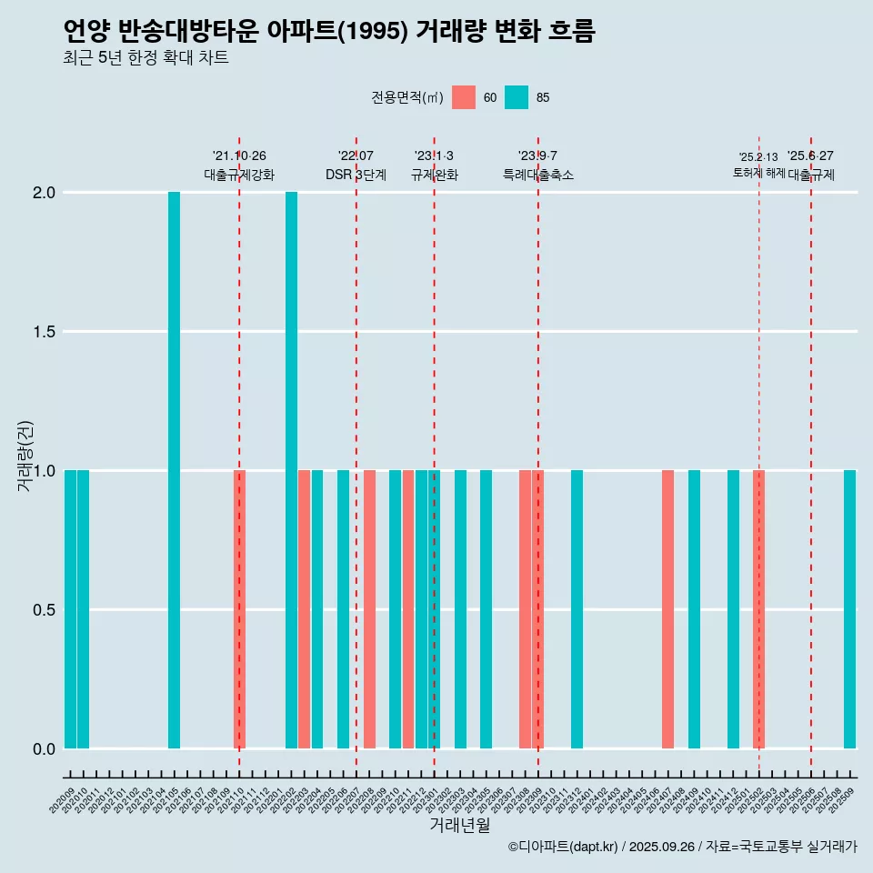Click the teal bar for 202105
174,470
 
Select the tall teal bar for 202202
291,470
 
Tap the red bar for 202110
240,609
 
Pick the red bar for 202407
667,609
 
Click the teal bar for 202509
849,609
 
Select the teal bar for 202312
577,609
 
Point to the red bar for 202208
369,609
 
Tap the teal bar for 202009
70,609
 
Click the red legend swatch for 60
464,97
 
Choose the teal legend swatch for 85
517,97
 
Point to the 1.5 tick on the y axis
44,332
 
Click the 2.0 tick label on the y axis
44,193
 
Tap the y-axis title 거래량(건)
25,456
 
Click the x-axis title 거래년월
459,825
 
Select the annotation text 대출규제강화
239,175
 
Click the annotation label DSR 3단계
356,175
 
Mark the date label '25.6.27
810,156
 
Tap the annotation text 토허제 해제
758,173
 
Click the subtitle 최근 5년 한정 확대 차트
145,58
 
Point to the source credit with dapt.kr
682,847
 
